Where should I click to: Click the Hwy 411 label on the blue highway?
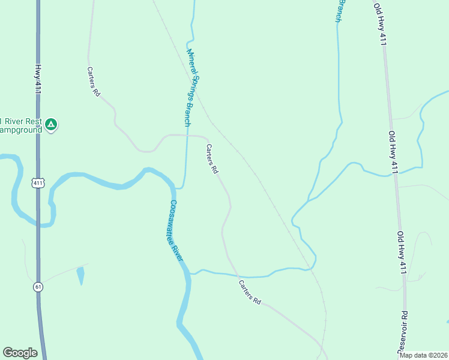[37, 79]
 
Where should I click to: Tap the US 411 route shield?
[39, 183]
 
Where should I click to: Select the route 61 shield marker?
[38, 287]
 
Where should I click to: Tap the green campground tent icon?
[52, 125]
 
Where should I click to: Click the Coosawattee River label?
[176, 230]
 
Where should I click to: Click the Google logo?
[20, 353]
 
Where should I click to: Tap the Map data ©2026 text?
[423, 355]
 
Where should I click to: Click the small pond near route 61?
[80, 275]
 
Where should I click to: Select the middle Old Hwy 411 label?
[393, 152]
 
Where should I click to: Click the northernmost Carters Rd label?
[93, 82]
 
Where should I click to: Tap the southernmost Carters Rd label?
[250, 292]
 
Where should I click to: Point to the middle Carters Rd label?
[212, 159]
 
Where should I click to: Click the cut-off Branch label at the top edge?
[341, 10]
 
